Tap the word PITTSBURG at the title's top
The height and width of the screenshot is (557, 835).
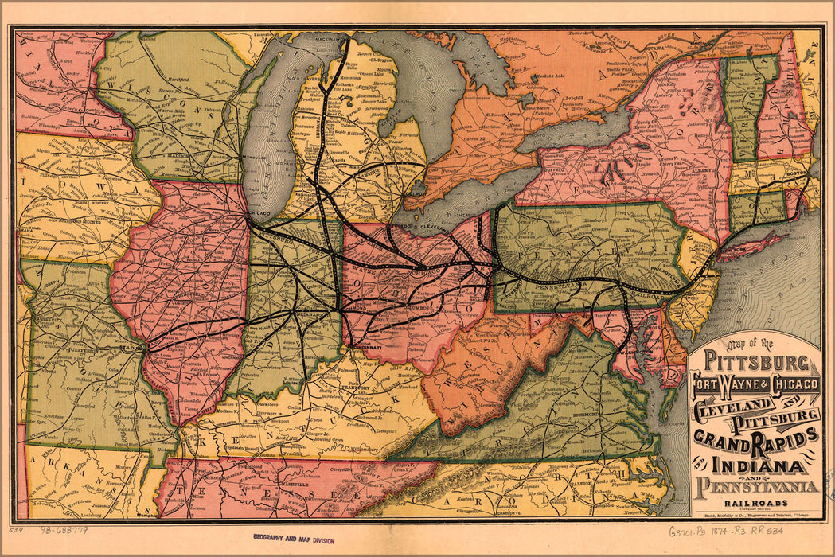(753, 367)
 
